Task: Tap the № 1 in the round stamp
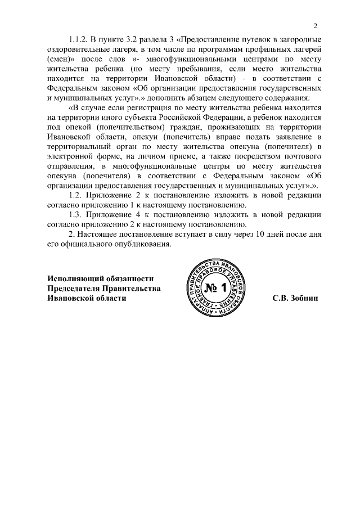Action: (215, 289)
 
